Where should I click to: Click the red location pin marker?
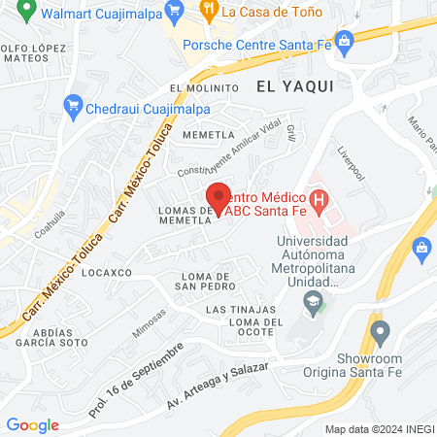(x=219, y=199)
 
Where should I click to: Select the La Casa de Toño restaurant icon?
(x=209, y=11)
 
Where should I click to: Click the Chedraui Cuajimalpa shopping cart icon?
(x=73, y=105)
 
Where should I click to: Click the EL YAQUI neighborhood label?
(x=295, y=86)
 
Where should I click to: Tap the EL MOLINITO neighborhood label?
(x=203, y=86)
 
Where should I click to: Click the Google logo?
(x=33, y=425)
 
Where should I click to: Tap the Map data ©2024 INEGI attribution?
(x=378, y=429)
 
